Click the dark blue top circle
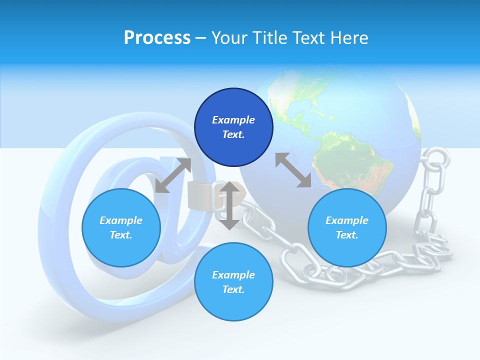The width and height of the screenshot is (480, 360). [x=233, y=127]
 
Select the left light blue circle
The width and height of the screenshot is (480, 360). [x=121, y=228]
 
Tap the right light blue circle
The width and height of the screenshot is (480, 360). [x=347, y=228]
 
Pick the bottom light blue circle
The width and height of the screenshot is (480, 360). [x=233, y=282]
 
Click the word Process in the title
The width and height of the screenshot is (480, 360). [x=157, y=38]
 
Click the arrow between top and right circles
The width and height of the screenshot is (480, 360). [x=293, y=170]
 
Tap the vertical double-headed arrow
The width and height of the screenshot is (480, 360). [x=229, y=205]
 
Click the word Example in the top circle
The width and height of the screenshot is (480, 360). [x=233, y=120]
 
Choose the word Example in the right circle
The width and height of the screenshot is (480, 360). [x=347, y=220]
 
